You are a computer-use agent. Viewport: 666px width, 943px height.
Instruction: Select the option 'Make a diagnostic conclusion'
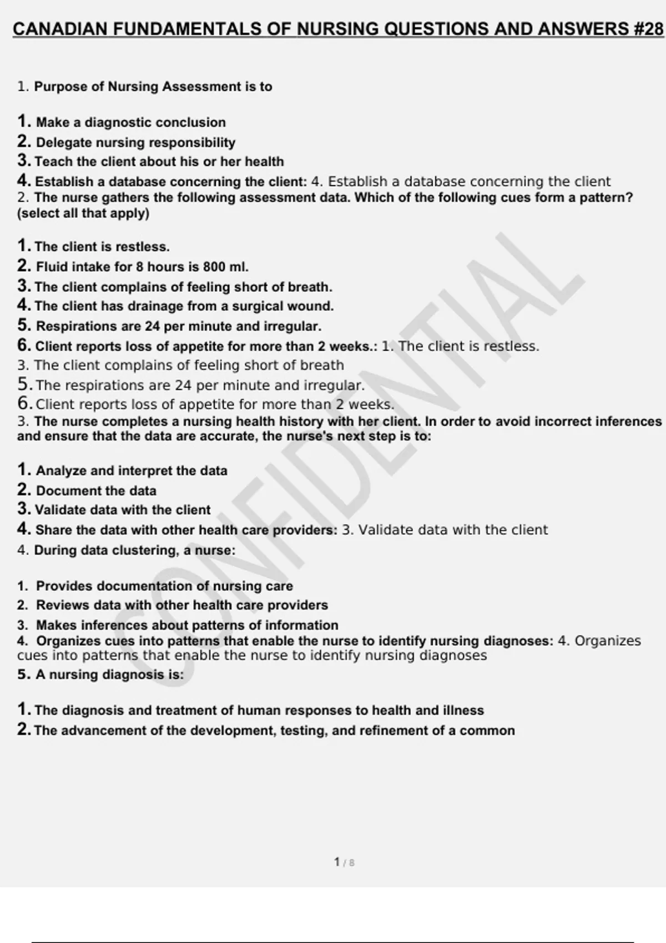(x=130, y=122)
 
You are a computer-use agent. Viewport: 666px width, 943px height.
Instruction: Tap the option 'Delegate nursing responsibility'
(x=135, y=143)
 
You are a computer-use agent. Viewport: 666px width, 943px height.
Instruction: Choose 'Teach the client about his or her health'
(x=159, y=161)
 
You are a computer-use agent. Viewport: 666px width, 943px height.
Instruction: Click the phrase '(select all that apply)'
(x=83, y=213)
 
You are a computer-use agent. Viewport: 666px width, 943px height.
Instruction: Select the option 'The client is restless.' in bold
(x=102, y=247)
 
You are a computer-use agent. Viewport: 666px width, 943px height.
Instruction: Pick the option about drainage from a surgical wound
(x=184, y=306)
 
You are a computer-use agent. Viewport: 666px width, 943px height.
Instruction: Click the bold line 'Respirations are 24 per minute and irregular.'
(x=178, y=326)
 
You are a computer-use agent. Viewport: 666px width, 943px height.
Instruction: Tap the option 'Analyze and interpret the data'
(x=132, y=471)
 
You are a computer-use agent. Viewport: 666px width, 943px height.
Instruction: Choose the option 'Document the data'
(x=96, y=491)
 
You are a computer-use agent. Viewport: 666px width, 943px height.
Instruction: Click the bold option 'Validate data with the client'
(x=123, y=510)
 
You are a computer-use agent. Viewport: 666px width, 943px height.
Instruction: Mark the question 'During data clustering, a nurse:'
(x=134, y=550)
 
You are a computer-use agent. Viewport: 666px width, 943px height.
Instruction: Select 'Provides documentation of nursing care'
(x=164, y=586)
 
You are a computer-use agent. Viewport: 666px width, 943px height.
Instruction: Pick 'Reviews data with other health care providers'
(x=181, y=605)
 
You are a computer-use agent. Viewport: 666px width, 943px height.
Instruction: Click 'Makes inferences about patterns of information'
(x=187, y=625)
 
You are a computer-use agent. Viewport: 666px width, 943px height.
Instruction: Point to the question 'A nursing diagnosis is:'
(x=109, y=675)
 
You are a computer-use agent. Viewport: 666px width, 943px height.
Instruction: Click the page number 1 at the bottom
(x=337, y=862)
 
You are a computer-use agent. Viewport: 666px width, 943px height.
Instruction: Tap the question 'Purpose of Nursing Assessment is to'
(x=153, y=87)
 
